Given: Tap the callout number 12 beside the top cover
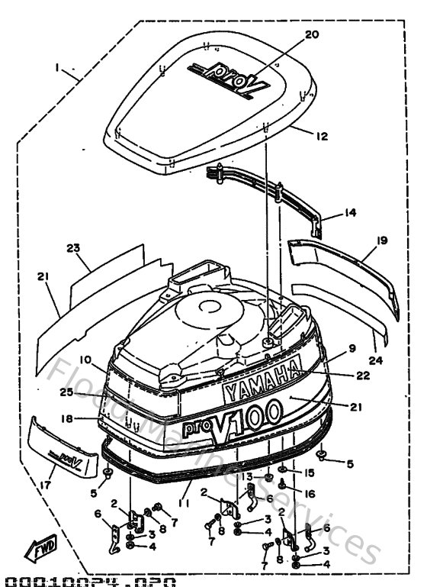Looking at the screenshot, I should pos(322,137).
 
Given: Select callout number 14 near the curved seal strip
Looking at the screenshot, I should pos(350,214).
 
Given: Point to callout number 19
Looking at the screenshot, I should pos(382,240).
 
